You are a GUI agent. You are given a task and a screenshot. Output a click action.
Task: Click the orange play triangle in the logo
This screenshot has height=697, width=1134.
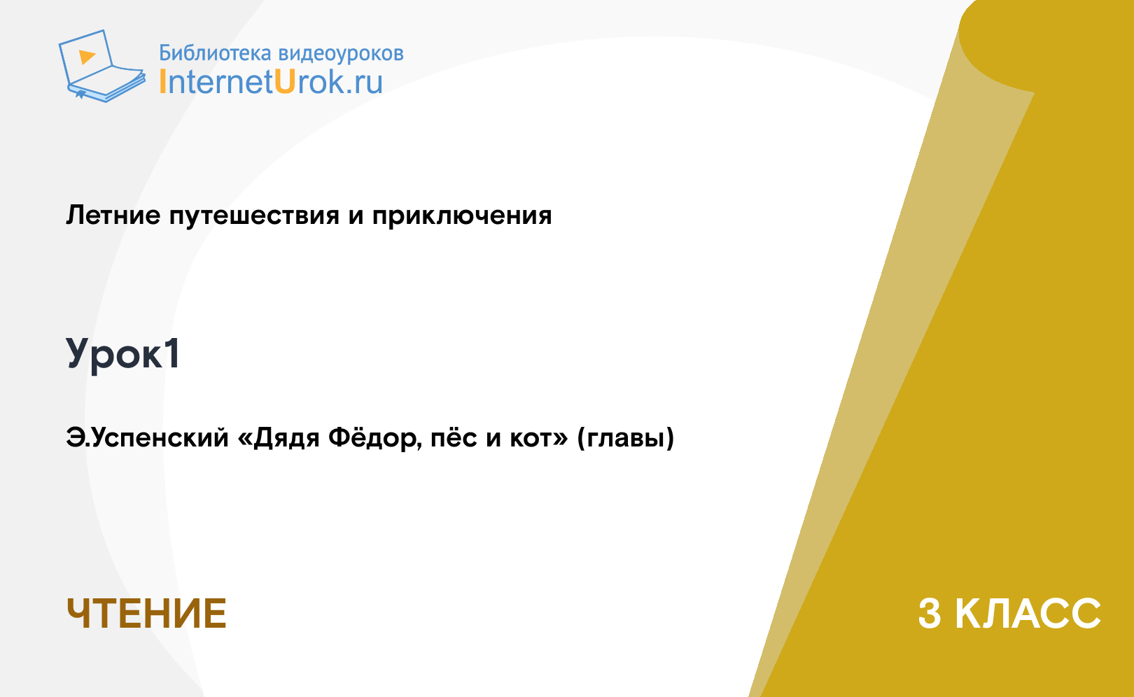click(87, 57)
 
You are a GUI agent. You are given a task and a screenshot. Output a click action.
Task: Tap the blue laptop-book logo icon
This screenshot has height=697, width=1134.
click(102, 66)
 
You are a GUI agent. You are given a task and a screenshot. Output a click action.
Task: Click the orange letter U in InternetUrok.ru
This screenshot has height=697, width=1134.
click(285, 81)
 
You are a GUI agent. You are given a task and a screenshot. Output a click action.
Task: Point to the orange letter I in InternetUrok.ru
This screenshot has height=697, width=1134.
click(162, 81)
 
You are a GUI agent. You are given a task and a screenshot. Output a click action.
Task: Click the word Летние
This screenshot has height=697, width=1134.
click(113, 215)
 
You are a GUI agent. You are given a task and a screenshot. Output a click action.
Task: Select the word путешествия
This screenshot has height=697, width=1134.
click(254, 217)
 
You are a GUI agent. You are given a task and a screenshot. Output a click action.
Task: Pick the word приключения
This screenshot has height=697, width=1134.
click(462, 217)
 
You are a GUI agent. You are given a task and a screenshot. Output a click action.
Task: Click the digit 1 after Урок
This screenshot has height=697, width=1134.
click(172, 353)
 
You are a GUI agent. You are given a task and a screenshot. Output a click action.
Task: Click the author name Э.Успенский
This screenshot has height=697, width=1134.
click(147, 438)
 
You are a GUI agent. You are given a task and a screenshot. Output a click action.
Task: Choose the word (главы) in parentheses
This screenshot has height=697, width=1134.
click(626, 438)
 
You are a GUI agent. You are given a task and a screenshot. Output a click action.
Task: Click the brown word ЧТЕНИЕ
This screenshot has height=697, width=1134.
click(146, 614)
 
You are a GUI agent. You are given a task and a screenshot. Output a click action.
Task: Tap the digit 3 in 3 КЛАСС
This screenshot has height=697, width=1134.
click(930, 614)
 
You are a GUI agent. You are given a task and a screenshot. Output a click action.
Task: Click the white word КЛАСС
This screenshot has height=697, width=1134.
click(1028, 614)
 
